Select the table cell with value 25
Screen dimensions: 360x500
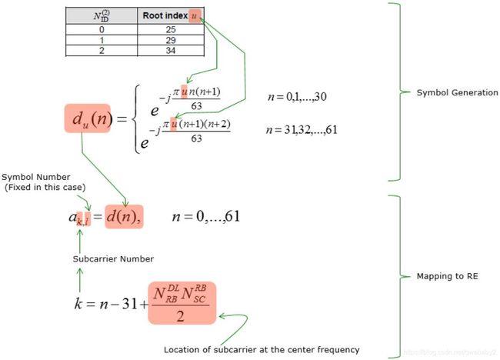pyautogui.click(x=171, y=30)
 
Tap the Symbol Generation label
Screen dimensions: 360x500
pyautogui.click(x=457, y=92)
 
